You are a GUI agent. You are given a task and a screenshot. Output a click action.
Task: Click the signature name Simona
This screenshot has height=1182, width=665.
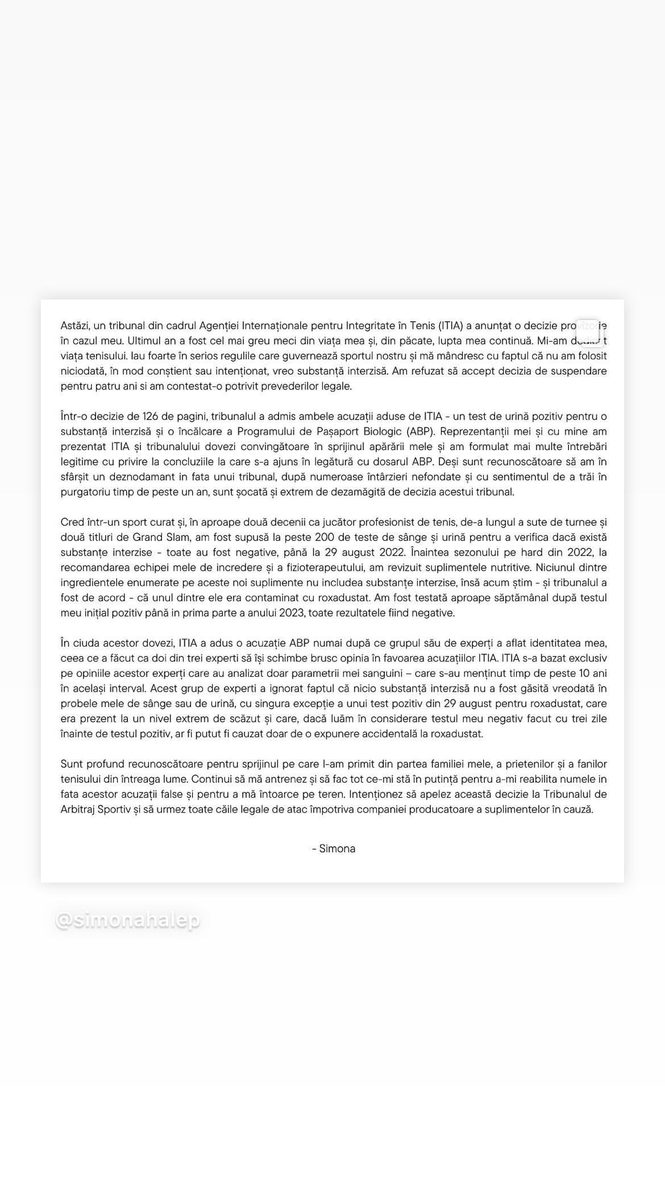click(337, 849)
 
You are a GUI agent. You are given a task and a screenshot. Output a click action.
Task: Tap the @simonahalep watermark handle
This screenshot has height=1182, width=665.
click(128, 921)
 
